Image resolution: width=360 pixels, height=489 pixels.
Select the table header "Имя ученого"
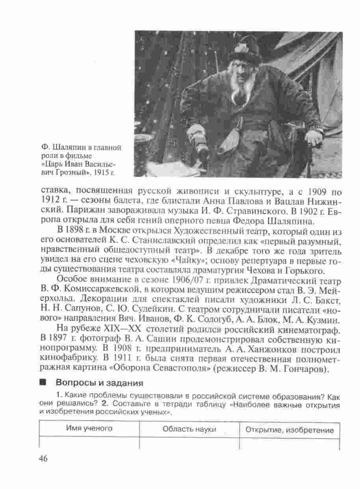(89, 429)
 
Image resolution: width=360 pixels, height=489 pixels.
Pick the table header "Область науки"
(189, 429)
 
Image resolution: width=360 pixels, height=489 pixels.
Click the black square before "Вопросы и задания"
(43, 383)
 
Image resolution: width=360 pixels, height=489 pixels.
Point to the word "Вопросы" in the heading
(73, 383)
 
